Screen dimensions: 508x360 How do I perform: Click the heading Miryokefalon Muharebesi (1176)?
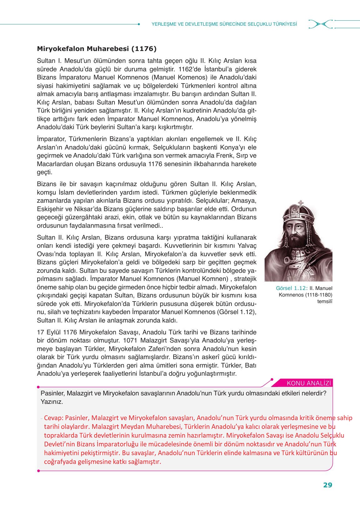pyautogui.click(x=97, y=49)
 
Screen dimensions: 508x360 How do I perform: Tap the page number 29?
pyautogui.click(x=327, y=485)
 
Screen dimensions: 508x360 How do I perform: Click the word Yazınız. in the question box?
pyautogui.click(x=52, y=402)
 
